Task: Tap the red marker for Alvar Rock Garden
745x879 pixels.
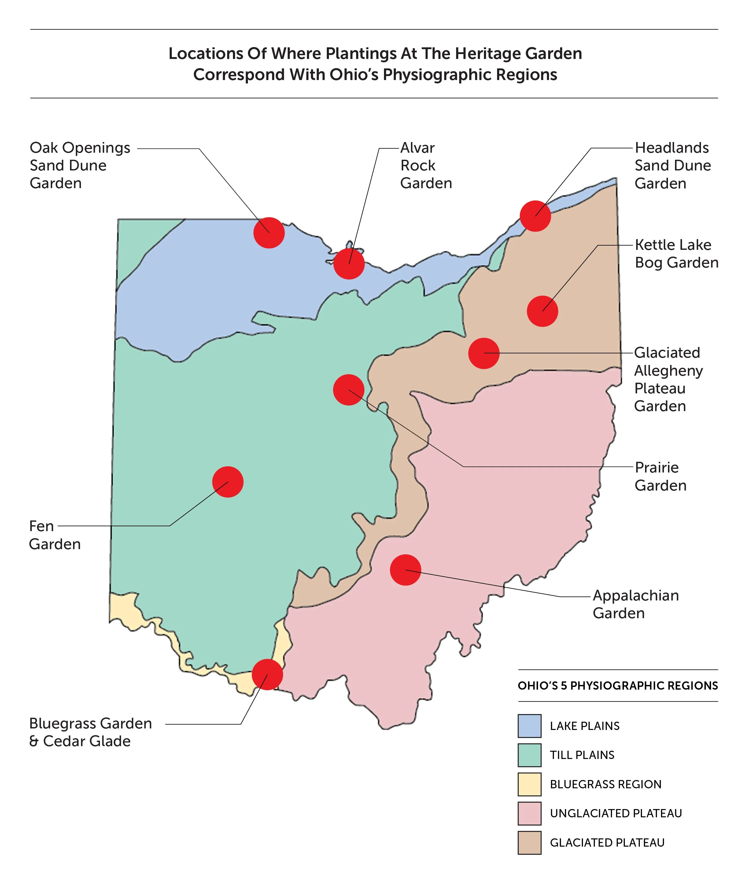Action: pos(349,264)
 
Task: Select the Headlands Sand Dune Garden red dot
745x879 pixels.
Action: pos(535,216)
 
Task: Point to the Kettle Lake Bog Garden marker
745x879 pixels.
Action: pos(542,311)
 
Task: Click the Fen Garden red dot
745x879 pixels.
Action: pos(228,482)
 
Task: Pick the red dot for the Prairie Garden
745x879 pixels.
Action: pos(349,390)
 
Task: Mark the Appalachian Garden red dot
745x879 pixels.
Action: pos(405,570)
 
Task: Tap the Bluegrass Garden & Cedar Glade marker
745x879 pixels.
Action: pos(267,674)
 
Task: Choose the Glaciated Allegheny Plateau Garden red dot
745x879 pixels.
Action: pos(484,353)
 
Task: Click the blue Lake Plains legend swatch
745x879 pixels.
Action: pos(529,726)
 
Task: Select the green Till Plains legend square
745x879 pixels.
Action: pos(529,755)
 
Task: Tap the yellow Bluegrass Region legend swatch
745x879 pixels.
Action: pos(529,784)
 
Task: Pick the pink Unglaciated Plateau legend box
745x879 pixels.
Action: pos(529,813)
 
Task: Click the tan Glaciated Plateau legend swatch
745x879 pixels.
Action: pos(529,842)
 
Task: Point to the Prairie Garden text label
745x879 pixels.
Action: pos(660,476)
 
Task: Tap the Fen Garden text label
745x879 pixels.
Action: pos(54,535)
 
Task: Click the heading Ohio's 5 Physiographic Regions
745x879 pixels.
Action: pos(618,685)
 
